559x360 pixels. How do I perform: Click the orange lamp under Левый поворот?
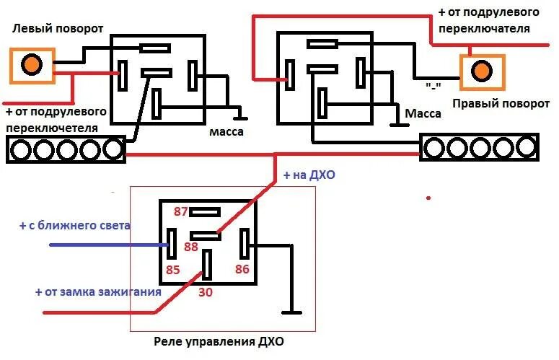(x=30, y=65)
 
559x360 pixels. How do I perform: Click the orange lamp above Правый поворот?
(x=482, y=71)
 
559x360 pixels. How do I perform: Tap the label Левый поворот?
(x=58, y=29)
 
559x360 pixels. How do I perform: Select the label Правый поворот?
(x=501, y=103)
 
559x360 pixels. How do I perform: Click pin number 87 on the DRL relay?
(x=180, y=211)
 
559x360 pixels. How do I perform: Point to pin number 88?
(x=190, y=247)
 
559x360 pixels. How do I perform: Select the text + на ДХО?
(x=309, y=175)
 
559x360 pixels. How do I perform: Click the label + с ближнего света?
(x=75, y=225)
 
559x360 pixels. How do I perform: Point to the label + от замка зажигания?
(x=97, y=292)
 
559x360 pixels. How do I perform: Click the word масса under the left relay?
(x=226, y=132)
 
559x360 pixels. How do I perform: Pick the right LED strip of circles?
(x=480, y=148)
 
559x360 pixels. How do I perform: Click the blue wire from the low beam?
(x=108, y=245)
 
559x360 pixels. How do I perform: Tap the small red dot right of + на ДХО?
(x=428, y=197)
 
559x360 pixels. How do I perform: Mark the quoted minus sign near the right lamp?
(x=433, y=85)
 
